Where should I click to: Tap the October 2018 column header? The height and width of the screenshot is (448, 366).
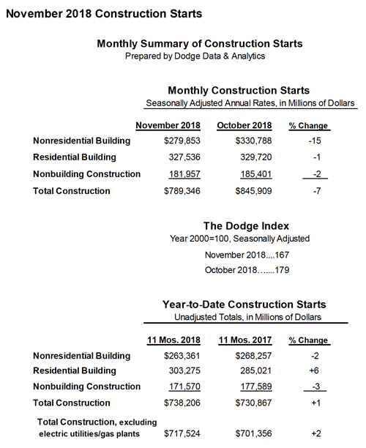(x=244, y=124)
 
